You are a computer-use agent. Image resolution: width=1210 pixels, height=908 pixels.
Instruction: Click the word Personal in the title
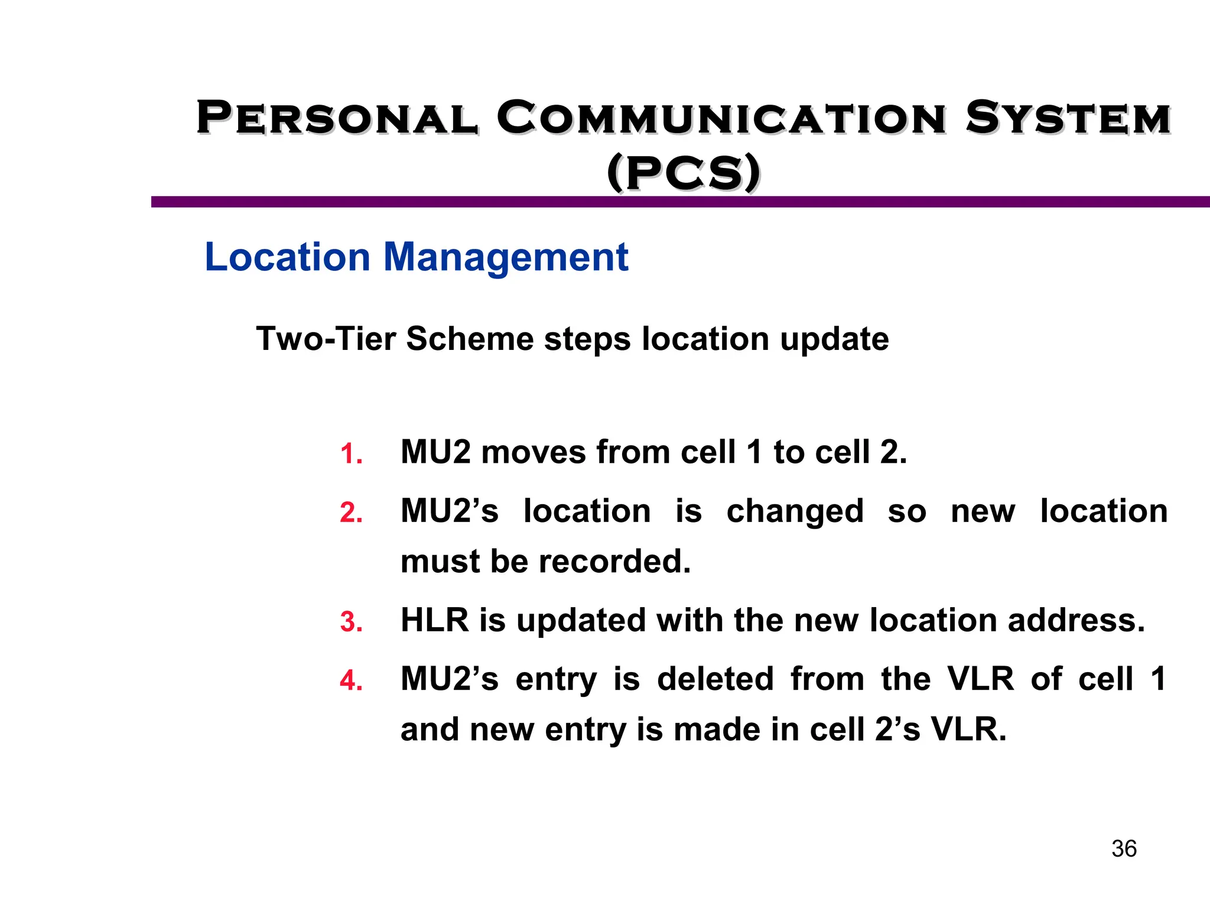pyautogui.click(x=337, y=118)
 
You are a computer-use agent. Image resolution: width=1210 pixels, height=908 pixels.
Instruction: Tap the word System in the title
pyautogui.click(x=1068, y=118)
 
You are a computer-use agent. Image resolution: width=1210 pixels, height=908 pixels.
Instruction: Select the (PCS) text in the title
pyautogui.click(x=684, y=173)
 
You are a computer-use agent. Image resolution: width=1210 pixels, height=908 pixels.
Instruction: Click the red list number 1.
pyautogui.click(x=351, y=454)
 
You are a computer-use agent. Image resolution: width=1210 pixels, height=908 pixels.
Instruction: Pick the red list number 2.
pyautogui.click(x=351, y=513)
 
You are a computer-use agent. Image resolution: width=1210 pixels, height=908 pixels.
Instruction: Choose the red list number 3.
pyautogui.click(x=351, y=622)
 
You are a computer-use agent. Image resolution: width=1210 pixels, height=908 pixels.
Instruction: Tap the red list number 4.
pyautogui.click(x=351, y=680)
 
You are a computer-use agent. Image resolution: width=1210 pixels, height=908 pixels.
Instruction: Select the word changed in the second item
pyautogui.click(x=794, y=511)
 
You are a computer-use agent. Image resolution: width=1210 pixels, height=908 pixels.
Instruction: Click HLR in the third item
pyautogui.click(x=434, y=620)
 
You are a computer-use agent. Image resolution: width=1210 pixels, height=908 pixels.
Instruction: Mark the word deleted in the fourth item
pyautogui.click(x=715, y=679)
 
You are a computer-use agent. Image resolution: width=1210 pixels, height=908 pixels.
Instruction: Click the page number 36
pyautogui.click(x=1124, y=849)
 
